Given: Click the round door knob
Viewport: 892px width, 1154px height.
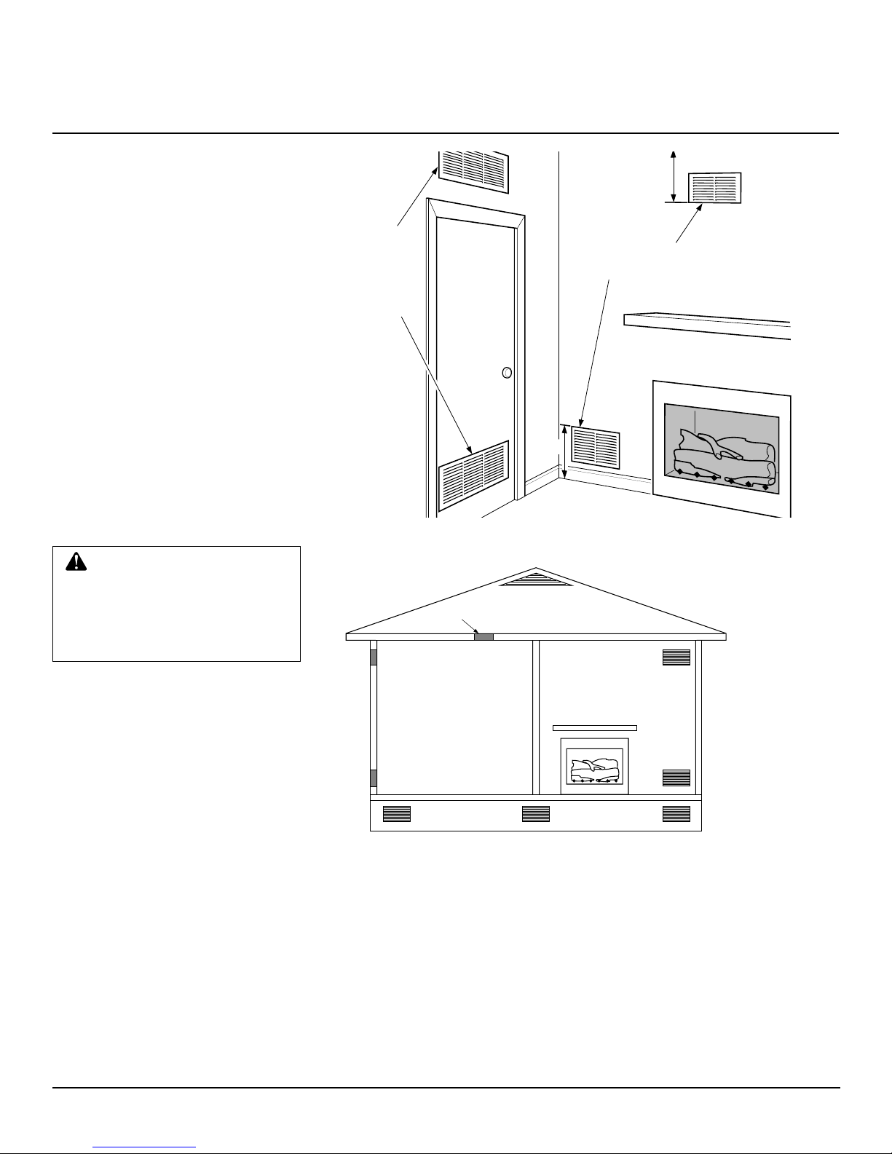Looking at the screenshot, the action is (507, 373).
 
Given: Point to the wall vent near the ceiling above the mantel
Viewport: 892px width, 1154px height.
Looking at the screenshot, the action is (714, 188).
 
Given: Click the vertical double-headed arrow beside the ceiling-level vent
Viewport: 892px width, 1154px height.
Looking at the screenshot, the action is (674, 175).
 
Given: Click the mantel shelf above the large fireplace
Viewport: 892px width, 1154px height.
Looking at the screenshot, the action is (707, 325).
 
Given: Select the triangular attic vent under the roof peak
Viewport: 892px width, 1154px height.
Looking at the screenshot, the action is (536, 580).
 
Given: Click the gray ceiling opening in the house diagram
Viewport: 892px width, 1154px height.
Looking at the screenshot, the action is (484, 637).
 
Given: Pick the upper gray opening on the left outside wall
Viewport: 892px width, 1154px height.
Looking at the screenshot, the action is (374, 657).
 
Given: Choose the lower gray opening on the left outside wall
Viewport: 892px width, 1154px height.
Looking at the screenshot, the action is (374, 778).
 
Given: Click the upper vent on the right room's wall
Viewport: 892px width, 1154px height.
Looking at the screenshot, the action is (676, 657).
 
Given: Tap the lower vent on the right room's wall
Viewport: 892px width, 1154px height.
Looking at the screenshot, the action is (676, 778).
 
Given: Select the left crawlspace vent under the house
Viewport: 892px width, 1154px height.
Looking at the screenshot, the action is (397, 814).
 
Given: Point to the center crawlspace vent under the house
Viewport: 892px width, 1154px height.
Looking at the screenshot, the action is (536, 814).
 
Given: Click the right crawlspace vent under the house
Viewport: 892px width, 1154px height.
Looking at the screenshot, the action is (676, 814).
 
